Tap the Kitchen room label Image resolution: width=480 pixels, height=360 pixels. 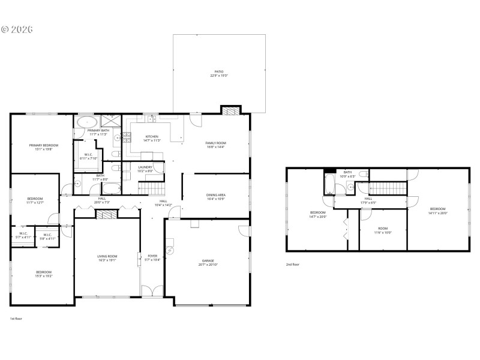pos(151,138)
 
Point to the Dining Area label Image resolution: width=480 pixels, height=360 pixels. pos(215,197)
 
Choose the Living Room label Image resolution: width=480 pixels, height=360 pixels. pos(106,259)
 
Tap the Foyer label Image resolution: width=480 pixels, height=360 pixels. pos(152,258)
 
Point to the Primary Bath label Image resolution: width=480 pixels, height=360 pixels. pos(98,132)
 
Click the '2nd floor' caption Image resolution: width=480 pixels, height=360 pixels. pos(293,264)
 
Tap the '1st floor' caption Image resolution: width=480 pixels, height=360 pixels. pos(17,319)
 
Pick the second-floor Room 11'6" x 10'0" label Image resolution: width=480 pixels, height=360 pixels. pos(383,230)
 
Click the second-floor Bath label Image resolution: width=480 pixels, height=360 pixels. pos(347,175)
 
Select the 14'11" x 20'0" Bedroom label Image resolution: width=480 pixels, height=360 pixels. pos(438,211)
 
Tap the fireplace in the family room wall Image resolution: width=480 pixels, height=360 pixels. pos(230,110)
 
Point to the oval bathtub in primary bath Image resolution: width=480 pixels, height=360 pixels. pos(84,122)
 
